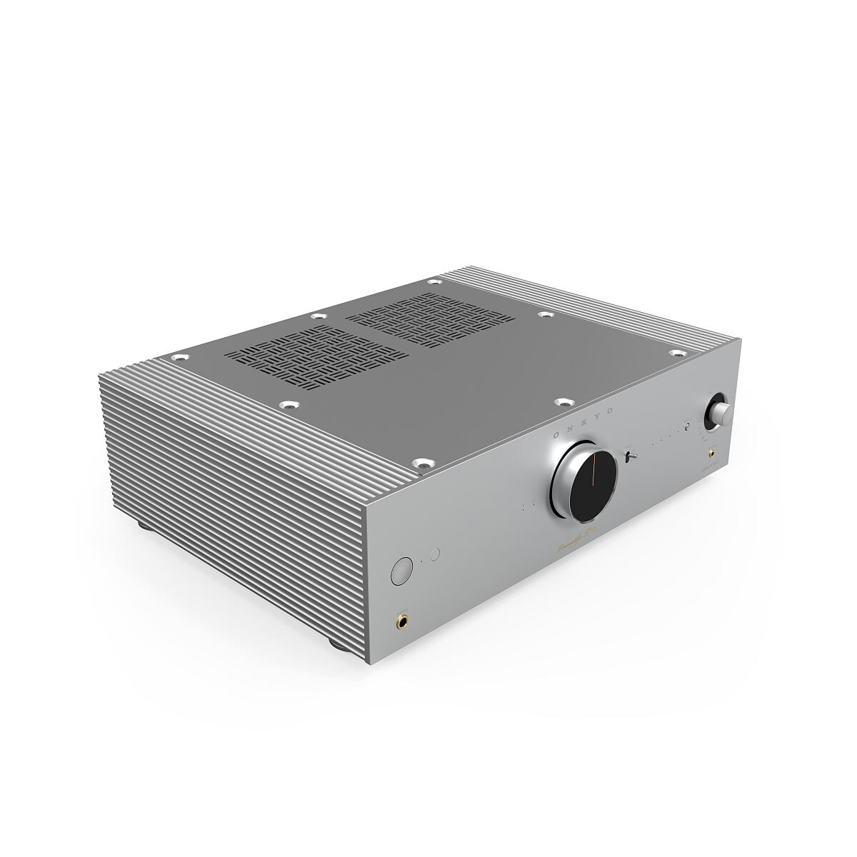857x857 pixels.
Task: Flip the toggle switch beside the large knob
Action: click(630, 456)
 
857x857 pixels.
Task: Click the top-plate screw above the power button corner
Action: click(423, 464)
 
